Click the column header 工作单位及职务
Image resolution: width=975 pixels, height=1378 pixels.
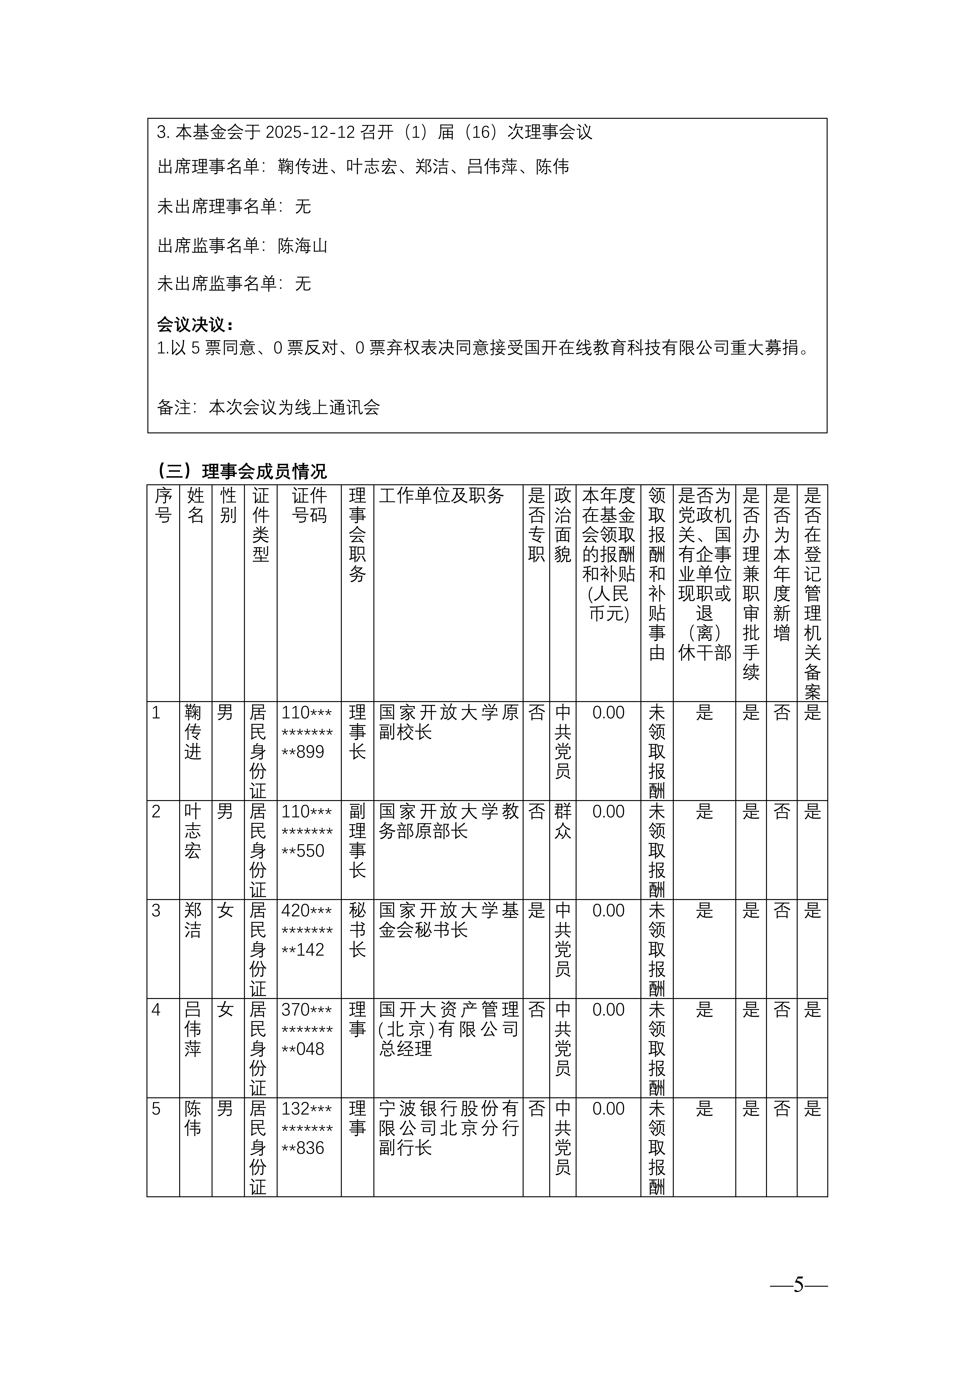(441, 496)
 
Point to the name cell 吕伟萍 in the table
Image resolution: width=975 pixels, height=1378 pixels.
(193, 1029)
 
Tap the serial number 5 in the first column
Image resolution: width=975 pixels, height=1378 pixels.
(157, 1109)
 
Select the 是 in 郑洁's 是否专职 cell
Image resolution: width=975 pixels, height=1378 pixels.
(536, 911)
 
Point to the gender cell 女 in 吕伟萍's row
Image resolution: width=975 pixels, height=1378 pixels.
(225, 1010)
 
